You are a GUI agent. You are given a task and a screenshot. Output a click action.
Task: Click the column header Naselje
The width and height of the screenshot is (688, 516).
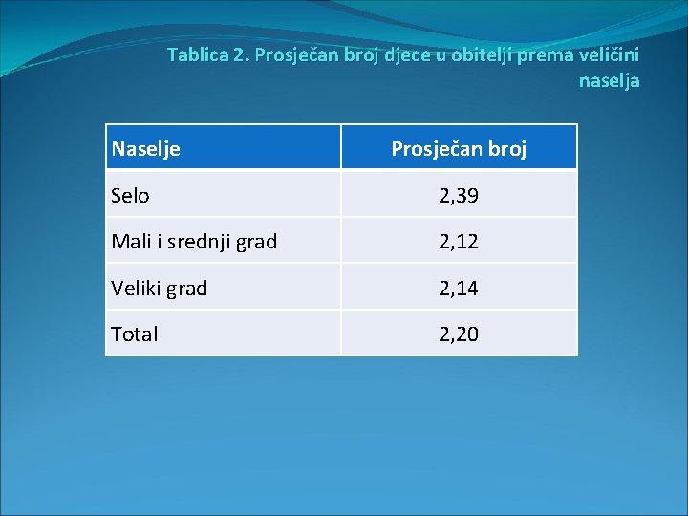point(146,148)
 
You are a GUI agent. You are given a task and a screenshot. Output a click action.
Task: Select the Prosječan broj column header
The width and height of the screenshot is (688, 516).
point(459,149)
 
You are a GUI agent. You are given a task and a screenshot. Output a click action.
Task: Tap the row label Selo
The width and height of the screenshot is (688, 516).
point(130,196)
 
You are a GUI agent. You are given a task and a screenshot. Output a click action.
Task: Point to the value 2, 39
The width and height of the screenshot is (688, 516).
point(459,196)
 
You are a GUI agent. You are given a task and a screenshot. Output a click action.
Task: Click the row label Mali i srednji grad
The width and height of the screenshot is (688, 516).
point(194,242)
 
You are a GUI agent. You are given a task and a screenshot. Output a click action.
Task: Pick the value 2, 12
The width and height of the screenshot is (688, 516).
point(459,242)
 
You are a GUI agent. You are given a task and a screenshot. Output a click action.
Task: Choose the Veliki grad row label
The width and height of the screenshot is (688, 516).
point(159,288)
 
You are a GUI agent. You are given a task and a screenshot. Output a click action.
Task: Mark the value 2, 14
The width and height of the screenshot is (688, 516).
point(459,288)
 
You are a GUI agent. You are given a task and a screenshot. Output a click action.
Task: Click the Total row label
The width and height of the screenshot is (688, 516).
point(135,333)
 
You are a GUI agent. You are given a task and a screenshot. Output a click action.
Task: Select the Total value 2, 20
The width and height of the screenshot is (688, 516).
point(459,333)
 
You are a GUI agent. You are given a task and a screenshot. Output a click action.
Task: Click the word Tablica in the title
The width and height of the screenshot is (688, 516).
point(198,54)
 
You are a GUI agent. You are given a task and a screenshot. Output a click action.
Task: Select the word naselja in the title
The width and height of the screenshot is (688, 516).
point(609,81)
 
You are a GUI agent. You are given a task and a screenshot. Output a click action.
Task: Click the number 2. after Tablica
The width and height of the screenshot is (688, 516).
point(241,54)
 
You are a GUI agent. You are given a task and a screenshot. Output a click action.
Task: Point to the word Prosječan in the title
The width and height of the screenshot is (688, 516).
point(296,54)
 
